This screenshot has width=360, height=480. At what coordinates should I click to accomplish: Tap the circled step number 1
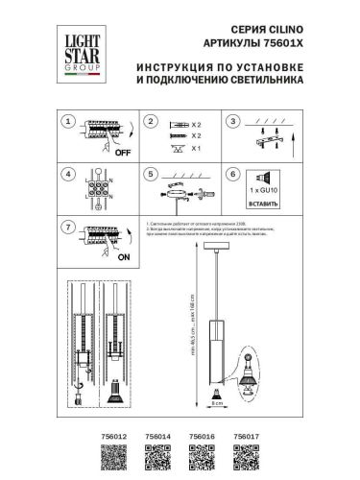tap(66, 122)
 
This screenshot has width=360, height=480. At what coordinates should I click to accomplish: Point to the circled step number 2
tap(150, 122)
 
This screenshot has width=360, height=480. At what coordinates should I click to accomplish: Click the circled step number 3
tap(232, 122)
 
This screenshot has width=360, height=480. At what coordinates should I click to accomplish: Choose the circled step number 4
tap(66, 176)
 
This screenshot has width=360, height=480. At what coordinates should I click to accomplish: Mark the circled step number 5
tap(150, 176)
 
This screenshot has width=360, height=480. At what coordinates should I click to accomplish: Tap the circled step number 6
tap(232, 176)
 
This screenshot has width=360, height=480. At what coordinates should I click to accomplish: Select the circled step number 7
tap(66, 228)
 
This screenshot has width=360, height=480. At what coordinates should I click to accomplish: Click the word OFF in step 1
tap(122, 153)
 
